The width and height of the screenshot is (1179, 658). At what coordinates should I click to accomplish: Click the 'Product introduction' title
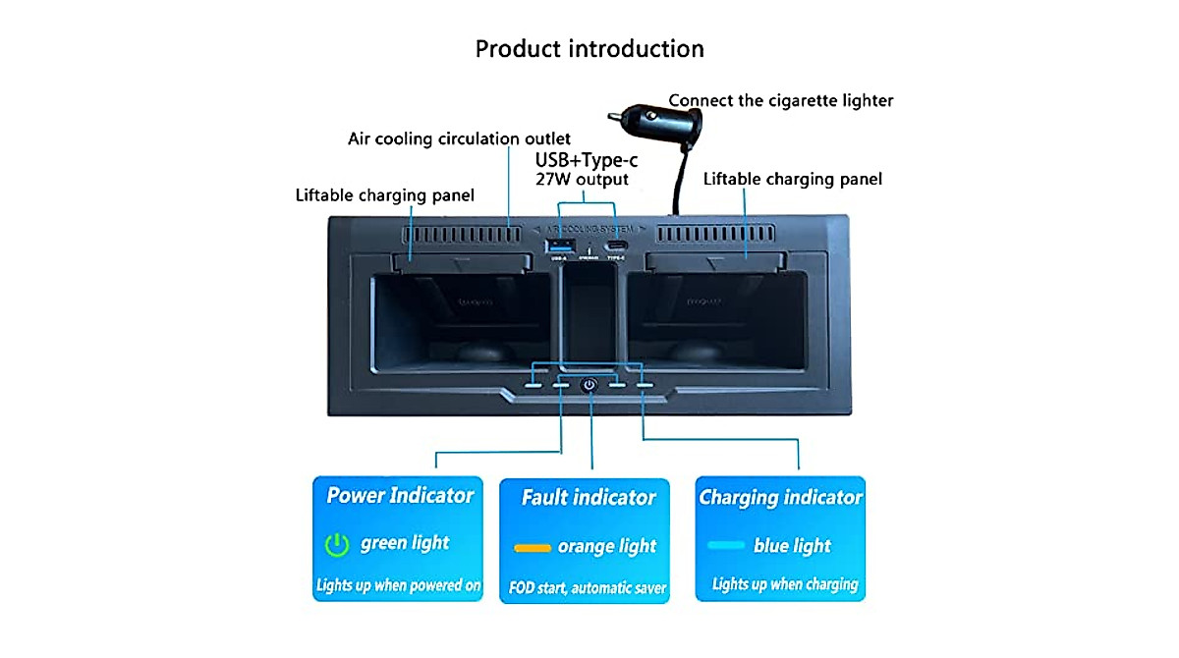pyautogui.click(x=589, y=48)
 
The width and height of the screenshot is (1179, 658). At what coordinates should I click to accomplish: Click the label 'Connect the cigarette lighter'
pyautogui.click(x=781, y=100)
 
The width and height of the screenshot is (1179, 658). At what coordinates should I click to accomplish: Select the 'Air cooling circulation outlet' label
pyautogui.click(x=459, y=138)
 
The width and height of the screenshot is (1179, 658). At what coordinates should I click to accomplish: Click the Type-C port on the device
pyautogui.click(x=617, y=246)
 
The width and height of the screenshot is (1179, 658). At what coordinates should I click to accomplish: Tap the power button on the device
pyautogui.click(x=589, y=385)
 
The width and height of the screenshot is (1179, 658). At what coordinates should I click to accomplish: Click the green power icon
pyautogui.click(x=337, y=544)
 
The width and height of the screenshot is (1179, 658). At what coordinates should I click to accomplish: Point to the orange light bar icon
pyautogui.click(x=533, y=546)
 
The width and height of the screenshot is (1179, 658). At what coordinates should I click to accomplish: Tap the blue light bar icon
pyautogui.click(x=725, y=545)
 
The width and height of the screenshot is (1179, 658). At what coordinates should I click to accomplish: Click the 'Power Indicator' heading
pyautogui.click(x=400, y=495)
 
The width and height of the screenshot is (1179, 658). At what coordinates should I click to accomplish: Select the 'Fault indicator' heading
pyautogui.click(x=588, y=498)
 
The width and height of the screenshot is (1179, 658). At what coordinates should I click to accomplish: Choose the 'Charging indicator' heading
pyautogui.click(x=780, y=497)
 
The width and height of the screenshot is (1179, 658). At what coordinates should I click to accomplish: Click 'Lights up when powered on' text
pyautogui.click(x=398, y=585)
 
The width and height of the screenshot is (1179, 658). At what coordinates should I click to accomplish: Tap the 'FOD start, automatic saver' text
pyautogui.click(x=588, y=589)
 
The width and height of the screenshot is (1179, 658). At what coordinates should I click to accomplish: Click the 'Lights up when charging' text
pyautogui.click(x=784, y=585)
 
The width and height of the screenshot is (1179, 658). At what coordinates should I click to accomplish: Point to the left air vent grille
pyautogui.click(x=461, y=237)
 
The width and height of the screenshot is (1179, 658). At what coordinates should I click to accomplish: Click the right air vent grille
pyautogui.click(x=714, y=237)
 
